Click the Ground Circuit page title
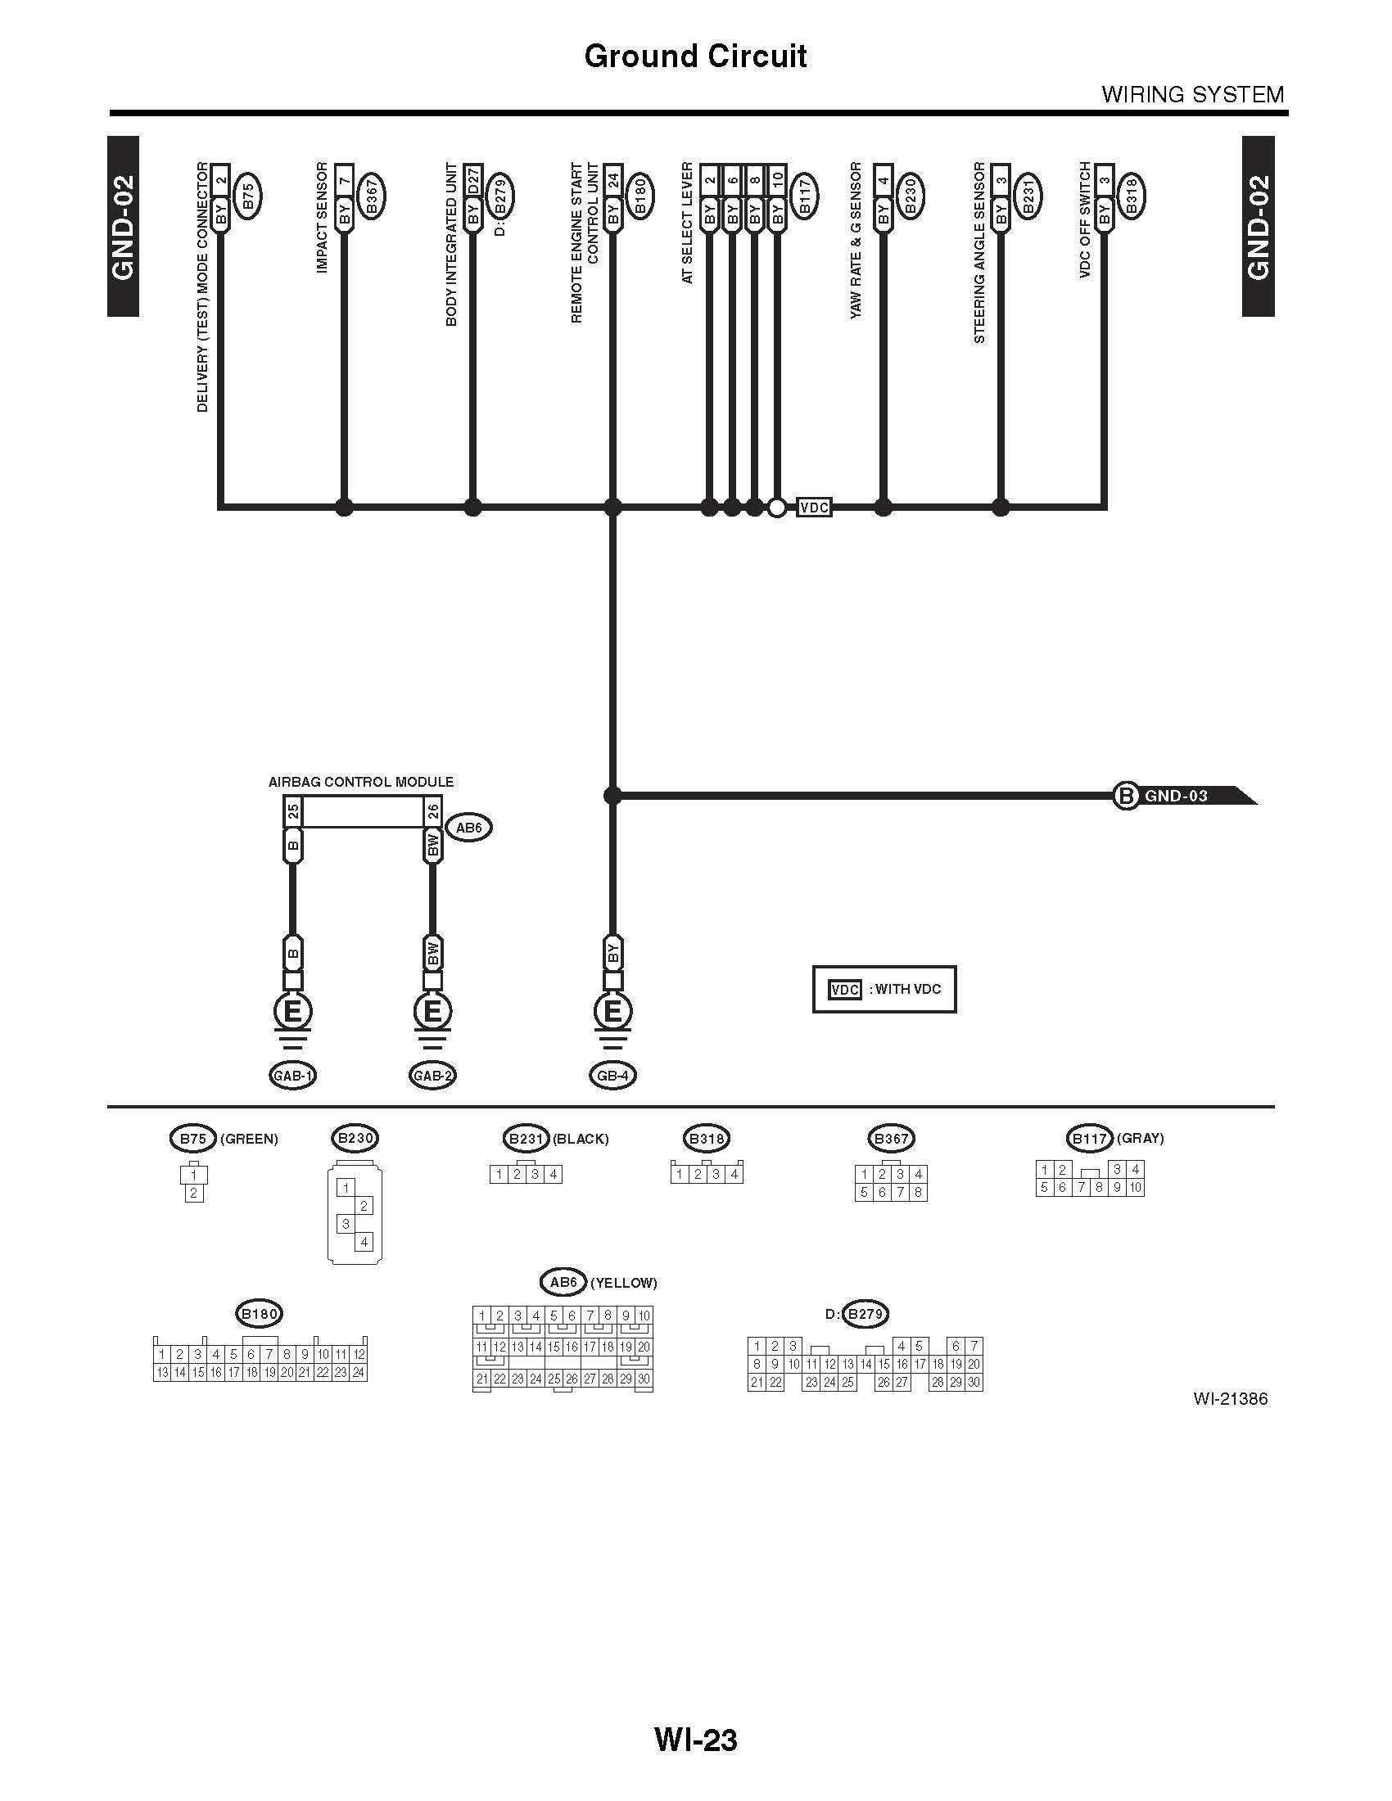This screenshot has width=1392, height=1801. point(695,56)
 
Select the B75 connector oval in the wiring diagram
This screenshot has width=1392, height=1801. point(248,196)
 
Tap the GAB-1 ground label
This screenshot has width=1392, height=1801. point(293,1076)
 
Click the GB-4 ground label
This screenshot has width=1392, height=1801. point(612,1076)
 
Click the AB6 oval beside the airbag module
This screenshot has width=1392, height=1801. point(468,827)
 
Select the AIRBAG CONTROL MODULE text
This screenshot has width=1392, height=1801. point(361,782)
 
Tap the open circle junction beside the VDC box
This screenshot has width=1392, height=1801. point(776,508)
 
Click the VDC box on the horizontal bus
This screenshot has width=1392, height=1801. point(814,508)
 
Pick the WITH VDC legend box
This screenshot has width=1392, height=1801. point(884,989)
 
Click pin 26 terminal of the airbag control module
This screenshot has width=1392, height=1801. point(433,812)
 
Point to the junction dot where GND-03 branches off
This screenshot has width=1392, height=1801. point(612,796)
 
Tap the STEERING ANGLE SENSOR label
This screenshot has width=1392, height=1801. point(979,252)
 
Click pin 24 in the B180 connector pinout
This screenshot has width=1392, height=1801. point(358,1372)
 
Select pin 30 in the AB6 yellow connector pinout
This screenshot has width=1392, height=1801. point(644,1378)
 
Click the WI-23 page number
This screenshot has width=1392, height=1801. point(696,1739)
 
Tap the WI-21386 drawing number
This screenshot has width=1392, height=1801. point(1230,1398)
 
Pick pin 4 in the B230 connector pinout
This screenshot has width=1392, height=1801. point(364,1241)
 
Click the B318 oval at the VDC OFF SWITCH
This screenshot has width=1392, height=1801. point(1131,196)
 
